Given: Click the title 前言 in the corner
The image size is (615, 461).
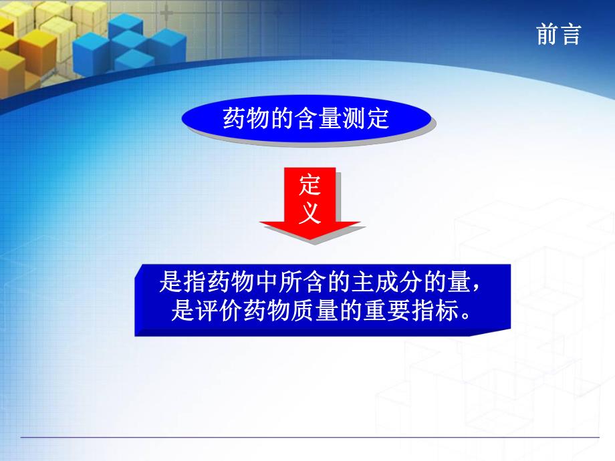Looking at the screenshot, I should click(x=558, y=34).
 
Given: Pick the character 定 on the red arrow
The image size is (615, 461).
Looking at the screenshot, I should click(x=309, y=184).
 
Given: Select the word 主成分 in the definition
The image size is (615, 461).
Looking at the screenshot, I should click(x=384, y=283).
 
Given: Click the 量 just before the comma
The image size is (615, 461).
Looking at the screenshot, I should click(x=460, y=283).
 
